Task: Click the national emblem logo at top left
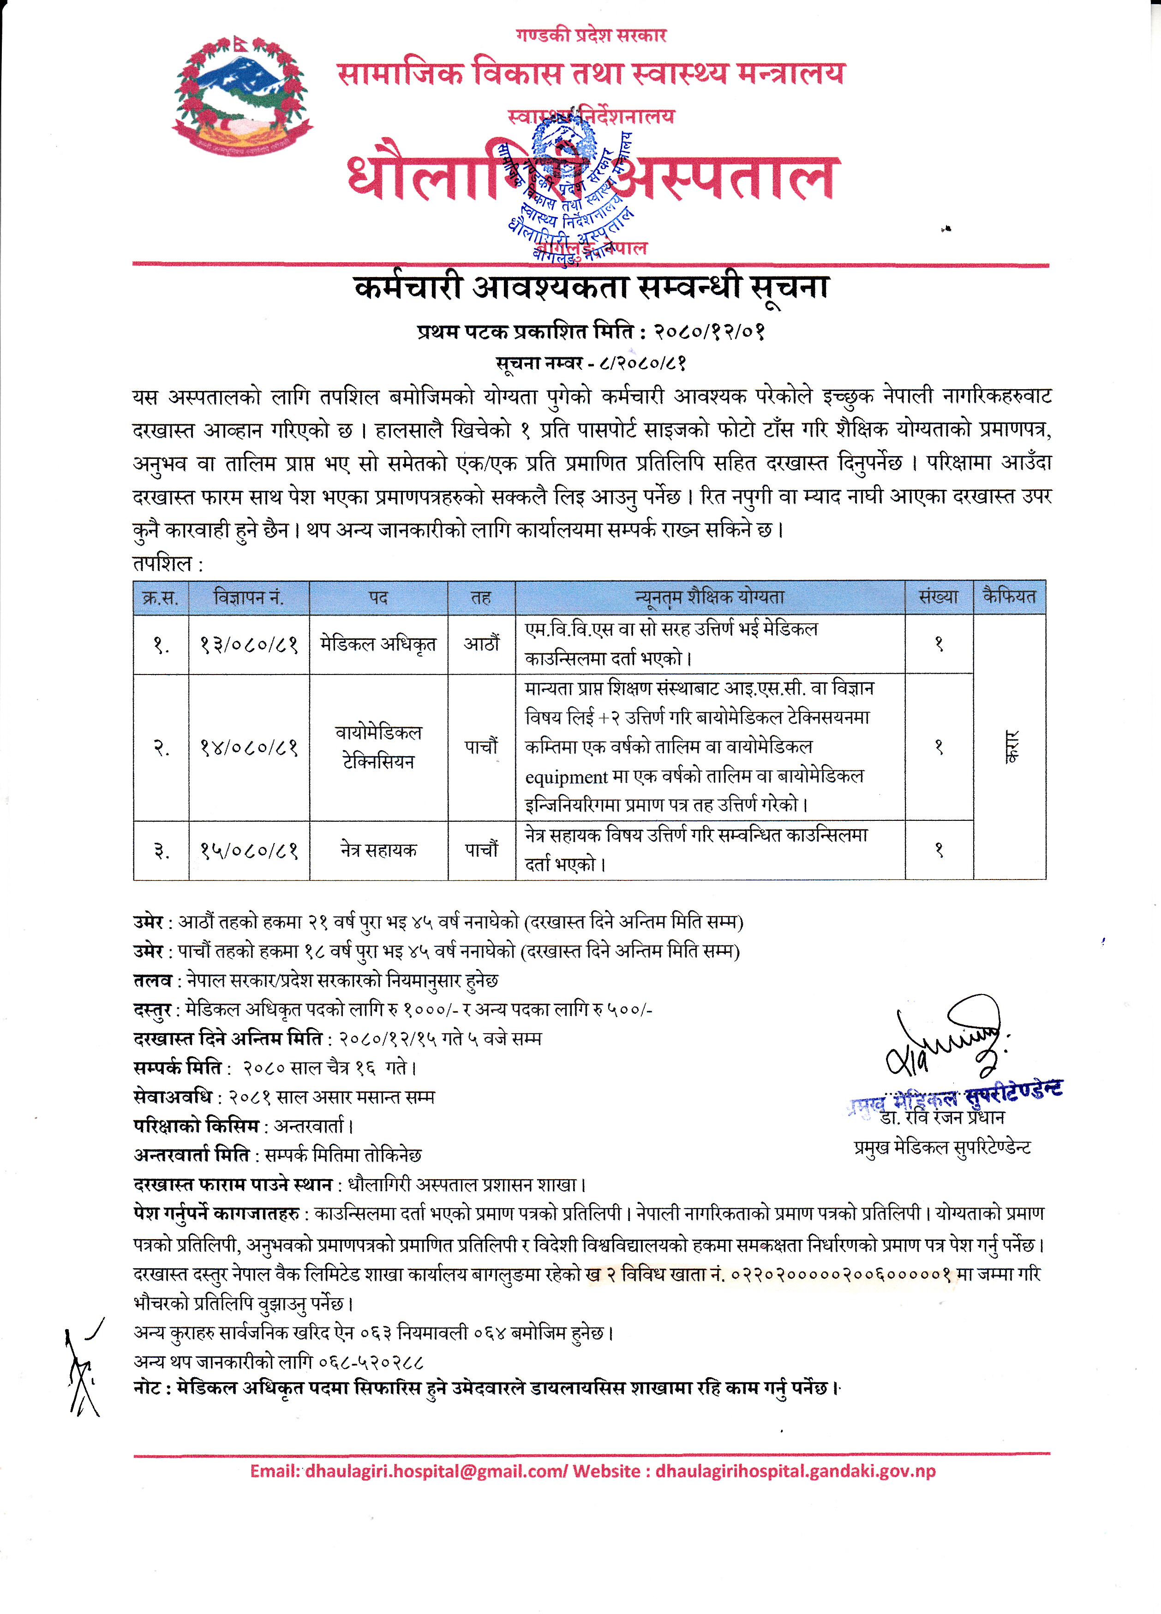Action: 242,96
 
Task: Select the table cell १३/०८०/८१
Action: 248,645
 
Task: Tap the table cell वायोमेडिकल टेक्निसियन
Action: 378,747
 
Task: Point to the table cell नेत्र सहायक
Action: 378,850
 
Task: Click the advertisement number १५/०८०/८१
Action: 248,850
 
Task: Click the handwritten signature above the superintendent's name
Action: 946,1039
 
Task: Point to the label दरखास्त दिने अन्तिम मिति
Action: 228,1039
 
